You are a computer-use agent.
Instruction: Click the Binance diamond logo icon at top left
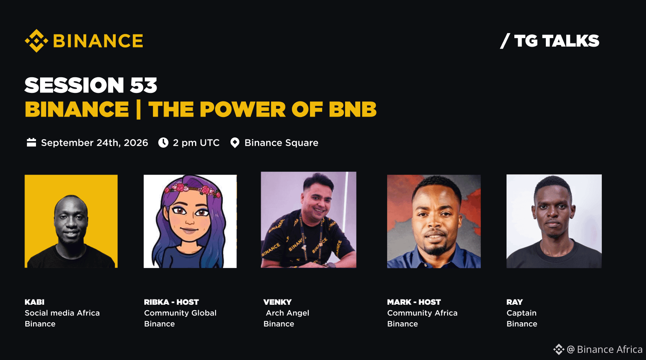click(x=36, y=40)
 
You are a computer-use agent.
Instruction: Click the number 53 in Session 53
click(x=144, y=85)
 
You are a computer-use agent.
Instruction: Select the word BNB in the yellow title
click(x=352, y=109)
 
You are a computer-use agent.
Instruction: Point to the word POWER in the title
click(x=242, y=109)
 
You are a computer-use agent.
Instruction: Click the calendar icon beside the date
click(x=31, y=142)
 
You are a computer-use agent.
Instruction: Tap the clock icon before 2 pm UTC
click(x=163, y=142)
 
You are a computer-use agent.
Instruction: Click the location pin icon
click(x=235, y=143)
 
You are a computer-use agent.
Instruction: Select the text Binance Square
click(x=281, y=143)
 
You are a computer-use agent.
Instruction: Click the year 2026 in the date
click(x=136, y=143)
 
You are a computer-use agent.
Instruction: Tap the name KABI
click(x=35, y=302)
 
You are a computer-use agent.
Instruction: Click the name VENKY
click(x=278, y=302)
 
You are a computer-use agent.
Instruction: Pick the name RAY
click(x=514, y=302)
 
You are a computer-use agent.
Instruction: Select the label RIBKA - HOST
click(x=171, y=302)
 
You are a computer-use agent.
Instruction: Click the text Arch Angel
click(x=287, y=313)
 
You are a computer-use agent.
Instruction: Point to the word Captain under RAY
click(x=521, y=313)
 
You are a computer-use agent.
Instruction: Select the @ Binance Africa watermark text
click(x=604, y=349)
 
